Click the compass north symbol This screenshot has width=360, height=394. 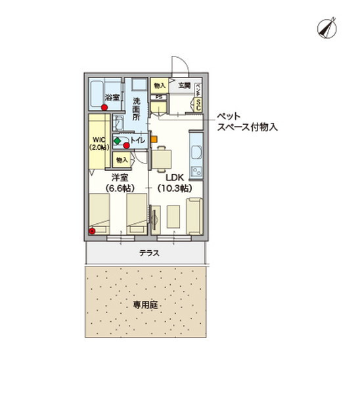326,27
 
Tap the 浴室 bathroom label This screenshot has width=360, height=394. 112,98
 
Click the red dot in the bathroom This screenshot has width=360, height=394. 104,107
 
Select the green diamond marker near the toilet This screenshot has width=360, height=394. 117,141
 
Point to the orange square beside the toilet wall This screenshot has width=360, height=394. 154,139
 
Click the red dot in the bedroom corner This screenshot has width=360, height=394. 93,230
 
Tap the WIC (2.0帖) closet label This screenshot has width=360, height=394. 99,144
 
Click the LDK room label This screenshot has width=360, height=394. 174,177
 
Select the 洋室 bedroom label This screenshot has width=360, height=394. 119,177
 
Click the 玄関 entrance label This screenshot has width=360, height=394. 184,86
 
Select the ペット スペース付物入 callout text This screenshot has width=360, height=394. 246,122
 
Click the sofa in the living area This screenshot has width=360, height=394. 194,217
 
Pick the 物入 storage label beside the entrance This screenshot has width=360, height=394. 160,86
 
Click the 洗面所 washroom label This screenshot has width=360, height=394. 137,110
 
